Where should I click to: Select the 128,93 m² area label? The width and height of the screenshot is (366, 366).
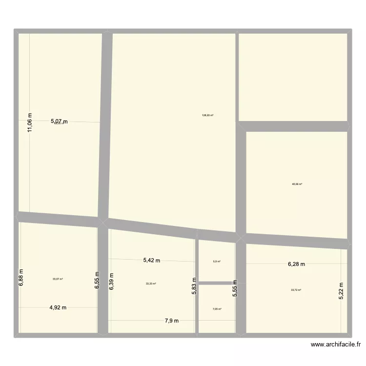point(207,116)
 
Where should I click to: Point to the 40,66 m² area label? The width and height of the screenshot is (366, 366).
point(297,184)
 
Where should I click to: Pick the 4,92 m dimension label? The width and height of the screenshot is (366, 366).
point(58,307)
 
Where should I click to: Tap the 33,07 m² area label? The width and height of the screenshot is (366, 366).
point(58,279)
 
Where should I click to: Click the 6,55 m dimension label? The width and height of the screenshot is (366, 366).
point(97,281)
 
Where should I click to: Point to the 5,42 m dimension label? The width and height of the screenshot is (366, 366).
point(152,261)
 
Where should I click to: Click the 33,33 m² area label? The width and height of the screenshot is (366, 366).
point(151,284)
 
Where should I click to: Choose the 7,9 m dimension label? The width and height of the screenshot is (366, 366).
point(171,321)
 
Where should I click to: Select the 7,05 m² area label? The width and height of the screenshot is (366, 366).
point(217,309)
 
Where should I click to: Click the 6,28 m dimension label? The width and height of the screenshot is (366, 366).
point(296,264)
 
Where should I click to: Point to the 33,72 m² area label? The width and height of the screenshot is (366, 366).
point(296,290)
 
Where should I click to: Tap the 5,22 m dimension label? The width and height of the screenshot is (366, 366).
point(341,292)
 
